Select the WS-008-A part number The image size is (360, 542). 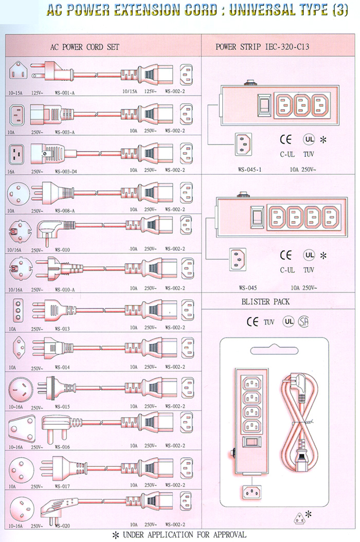pos(65,210)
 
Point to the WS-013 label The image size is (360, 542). pos(62,328)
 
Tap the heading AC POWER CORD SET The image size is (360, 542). pos(85,47)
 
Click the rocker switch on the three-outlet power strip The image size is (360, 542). pos(264,105)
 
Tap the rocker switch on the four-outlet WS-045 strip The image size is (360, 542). pos(257,218)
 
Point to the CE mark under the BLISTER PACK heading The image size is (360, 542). pos(252,322)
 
